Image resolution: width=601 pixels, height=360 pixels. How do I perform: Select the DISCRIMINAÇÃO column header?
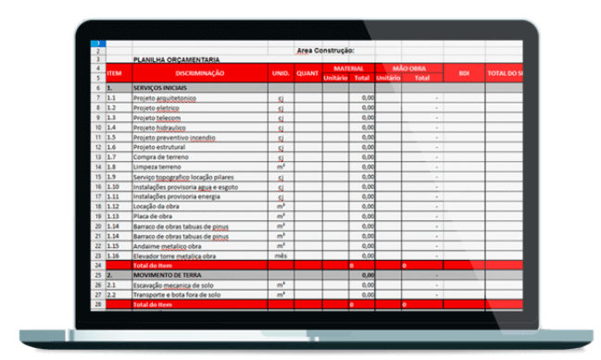click(x=198, y=73)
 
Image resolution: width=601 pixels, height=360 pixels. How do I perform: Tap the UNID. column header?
click(x=281, y=73)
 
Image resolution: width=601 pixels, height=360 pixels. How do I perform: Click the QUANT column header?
click(x=307, y=73)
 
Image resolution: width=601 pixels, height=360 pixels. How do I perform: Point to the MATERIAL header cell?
click(x=348, y=68)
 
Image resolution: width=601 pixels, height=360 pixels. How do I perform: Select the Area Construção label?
click(x=325, y=50)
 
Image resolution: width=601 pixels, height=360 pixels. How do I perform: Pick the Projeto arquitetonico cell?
click(x=166, y=97)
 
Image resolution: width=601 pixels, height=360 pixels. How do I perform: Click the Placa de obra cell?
click(x=152, y=217)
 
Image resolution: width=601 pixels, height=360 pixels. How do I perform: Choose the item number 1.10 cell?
click(x=114, y=187)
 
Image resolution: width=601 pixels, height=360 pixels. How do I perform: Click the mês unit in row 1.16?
click(x=281, y=255)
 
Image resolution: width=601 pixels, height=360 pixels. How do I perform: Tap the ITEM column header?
click(x=115, y=73)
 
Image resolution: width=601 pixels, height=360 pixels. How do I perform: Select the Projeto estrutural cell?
click(x=159, y=147)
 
